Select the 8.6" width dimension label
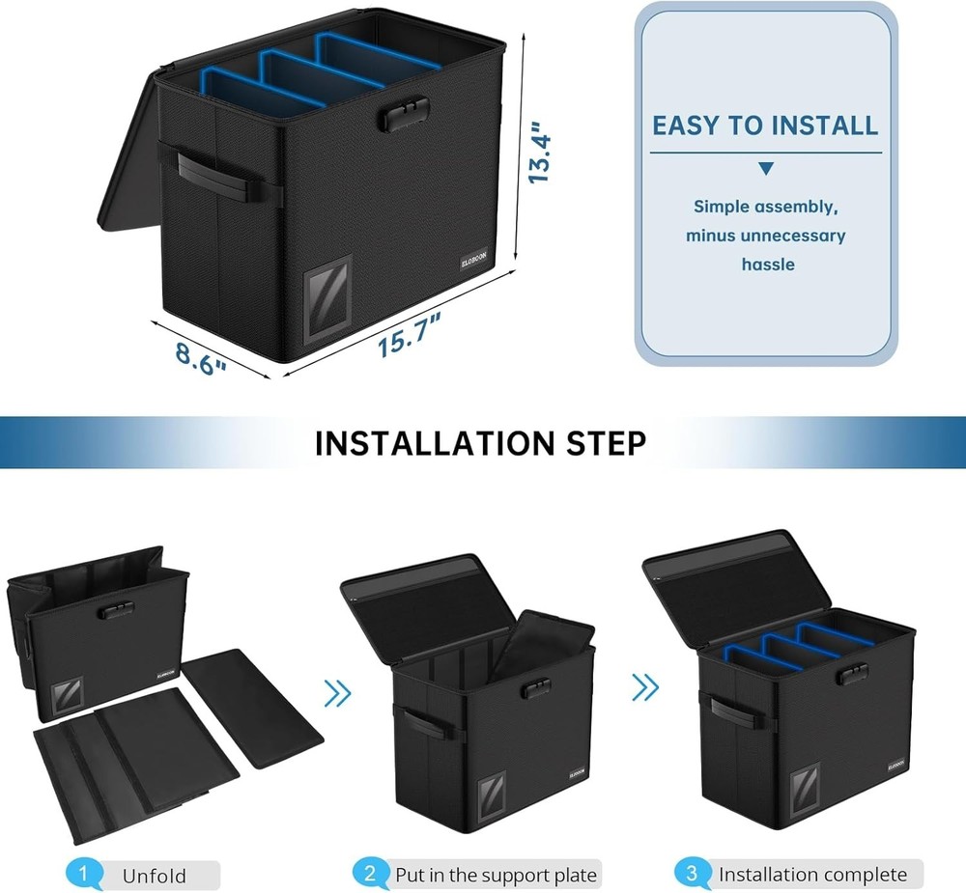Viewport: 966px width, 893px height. click(201, 356)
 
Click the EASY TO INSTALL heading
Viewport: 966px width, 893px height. click(765, 126)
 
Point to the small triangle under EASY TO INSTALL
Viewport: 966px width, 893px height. click(766, 169)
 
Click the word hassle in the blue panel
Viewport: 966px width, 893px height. click(768, 264)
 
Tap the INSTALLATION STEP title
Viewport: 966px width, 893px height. click(480, 443)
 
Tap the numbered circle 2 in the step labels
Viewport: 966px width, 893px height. click(369, 875)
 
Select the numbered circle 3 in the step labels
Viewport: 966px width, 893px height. click(691, 875)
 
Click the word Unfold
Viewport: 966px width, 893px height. click(154, 877)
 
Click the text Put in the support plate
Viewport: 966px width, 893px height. click(496, 876)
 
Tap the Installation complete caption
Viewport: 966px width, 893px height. click(812, 875)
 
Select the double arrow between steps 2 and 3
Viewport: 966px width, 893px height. click(644, 686)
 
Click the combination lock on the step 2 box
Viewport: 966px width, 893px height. click(536, 689)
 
